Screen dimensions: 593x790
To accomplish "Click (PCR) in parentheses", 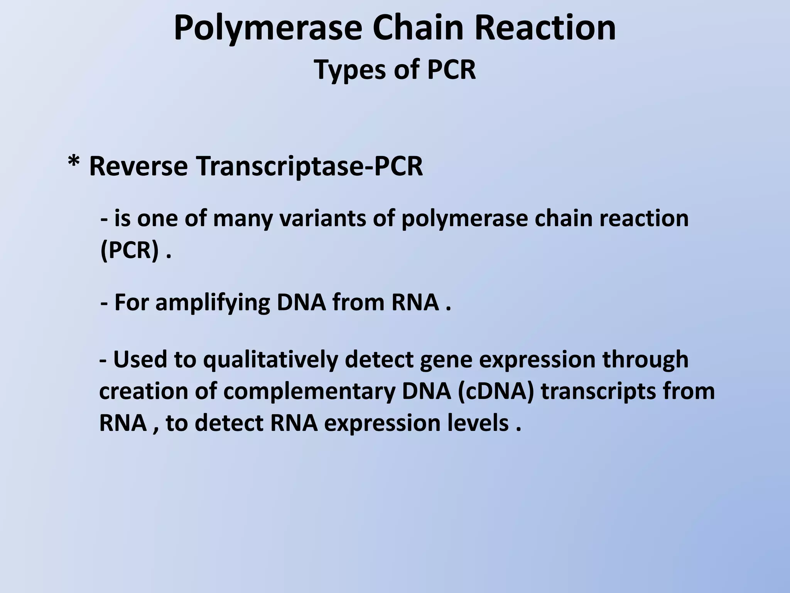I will (x=130, y=251).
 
